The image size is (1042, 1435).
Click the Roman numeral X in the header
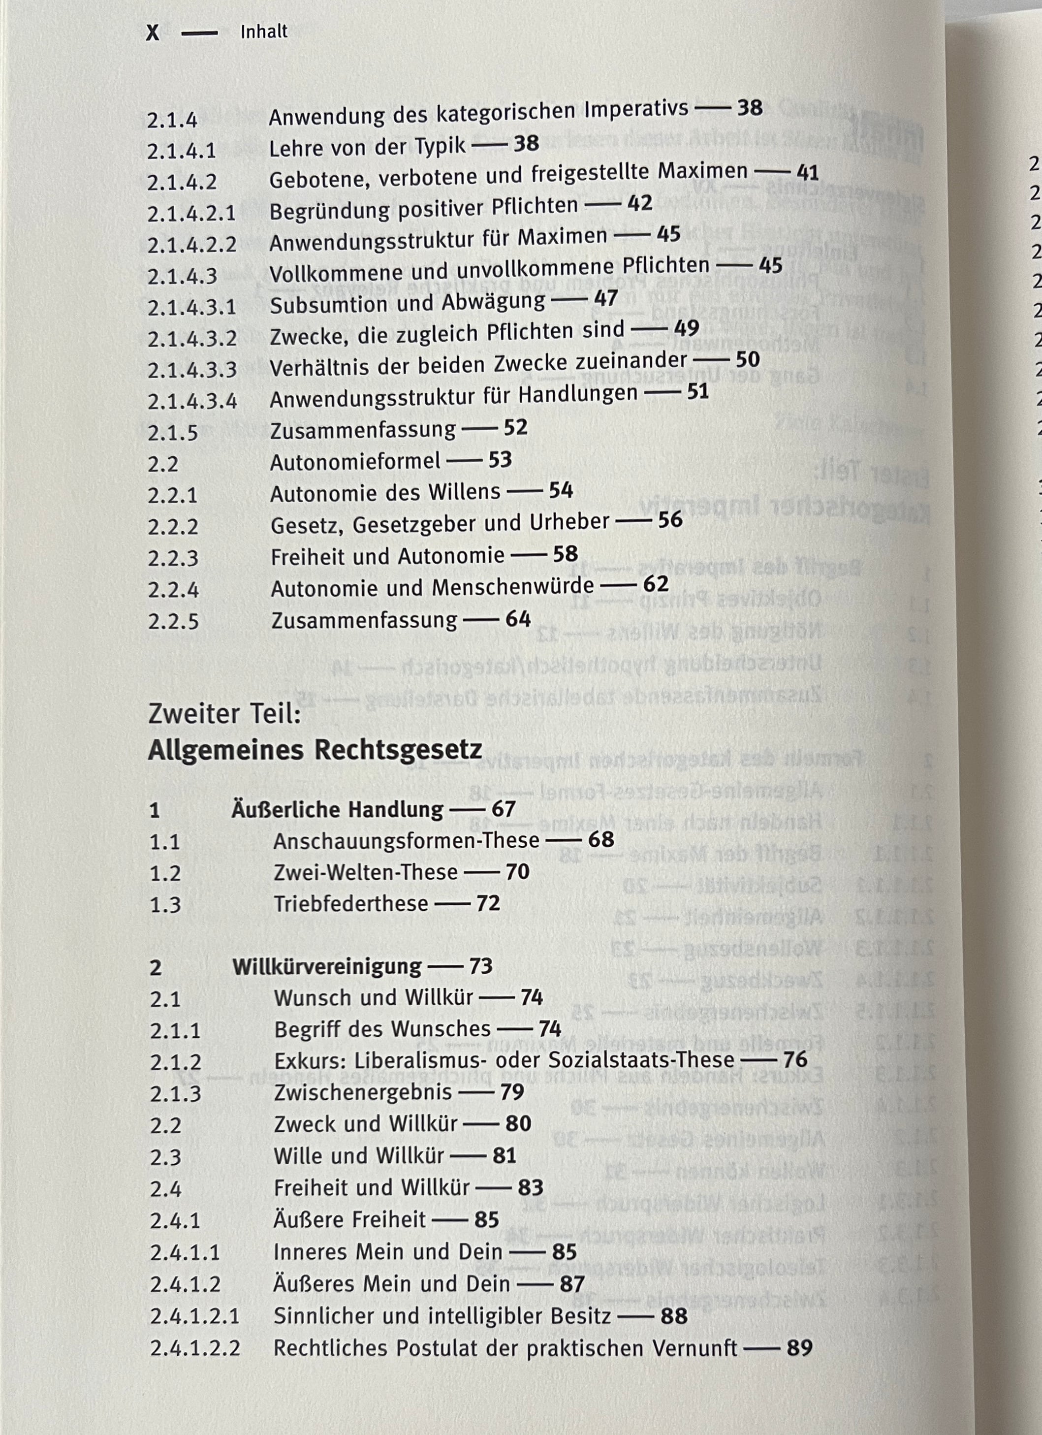tap(153, 33)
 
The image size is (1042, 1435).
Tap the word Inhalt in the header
tap(264, 32)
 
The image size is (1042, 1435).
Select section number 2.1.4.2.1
tap(191, 213)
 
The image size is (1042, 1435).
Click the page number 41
tap(807, 172)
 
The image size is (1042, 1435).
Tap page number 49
tap(687, 328)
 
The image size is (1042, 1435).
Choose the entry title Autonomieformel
tap(355, 462)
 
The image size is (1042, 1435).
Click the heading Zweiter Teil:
tap(224, 714)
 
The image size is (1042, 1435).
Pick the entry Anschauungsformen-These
tap(406, 841)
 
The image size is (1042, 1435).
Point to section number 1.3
tap(165, 905)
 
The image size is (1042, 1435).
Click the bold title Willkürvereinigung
tap(326, 967)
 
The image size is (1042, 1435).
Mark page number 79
tap(512, 1092)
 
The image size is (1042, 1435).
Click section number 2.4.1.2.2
tap(195, 1348)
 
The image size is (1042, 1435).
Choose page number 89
tap(799, 1348)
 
